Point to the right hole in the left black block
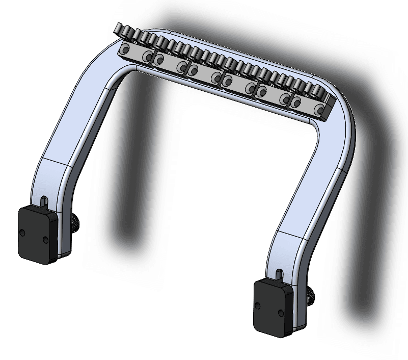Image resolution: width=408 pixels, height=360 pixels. [x=45, y=239]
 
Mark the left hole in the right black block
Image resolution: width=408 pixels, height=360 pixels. [x=258, y=306]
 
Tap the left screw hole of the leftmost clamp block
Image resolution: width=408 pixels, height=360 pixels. [x=124, y=49]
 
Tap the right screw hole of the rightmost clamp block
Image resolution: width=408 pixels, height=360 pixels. [x=319, y=109]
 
